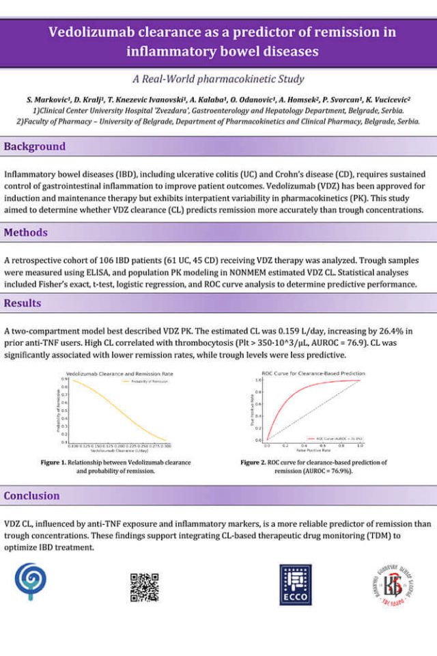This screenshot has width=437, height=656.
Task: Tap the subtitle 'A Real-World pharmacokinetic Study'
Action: click(218, 79)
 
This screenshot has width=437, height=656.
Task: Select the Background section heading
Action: click(35, 146)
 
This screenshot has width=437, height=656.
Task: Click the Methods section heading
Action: click(26, 232)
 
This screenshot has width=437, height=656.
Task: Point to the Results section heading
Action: click(23, 303)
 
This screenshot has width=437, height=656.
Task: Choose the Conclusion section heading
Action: click(31, 495)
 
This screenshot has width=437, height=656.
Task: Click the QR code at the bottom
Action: click(144, 587)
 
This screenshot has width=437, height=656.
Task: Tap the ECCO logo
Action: click(296, 584)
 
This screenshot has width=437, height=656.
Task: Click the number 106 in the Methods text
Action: click(100, 261)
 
